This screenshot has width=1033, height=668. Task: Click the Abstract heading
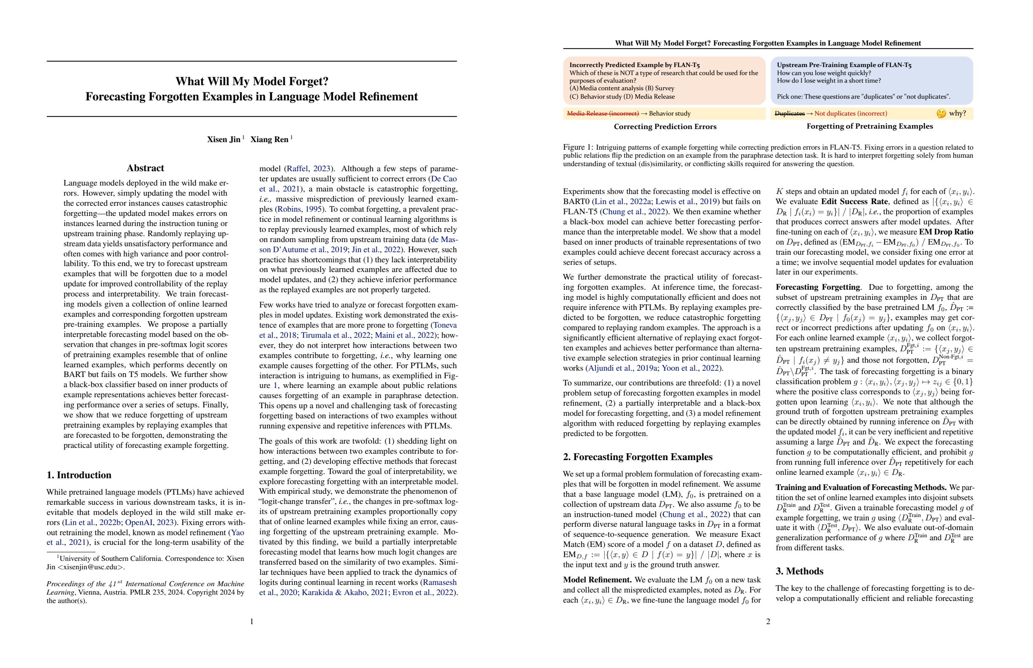tap(145, 168)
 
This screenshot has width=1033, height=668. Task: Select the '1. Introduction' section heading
tap(79, 475)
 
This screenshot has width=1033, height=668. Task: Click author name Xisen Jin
tap(224, 139)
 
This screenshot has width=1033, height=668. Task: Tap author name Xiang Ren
tap(270, 139)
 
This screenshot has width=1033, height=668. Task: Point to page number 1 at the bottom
tap(252, 622)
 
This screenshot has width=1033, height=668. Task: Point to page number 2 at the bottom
tap(768, 622)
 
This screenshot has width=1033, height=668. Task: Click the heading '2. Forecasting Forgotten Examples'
tap(638, 457)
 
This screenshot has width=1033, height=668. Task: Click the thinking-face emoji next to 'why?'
tap(941, 113)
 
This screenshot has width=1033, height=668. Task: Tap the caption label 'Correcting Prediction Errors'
tap(665, 127)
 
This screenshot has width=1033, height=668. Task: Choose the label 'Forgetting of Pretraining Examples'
tap(869, 126)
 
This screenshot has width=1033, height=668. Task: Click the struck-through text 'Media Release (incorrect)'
tap(603, 113)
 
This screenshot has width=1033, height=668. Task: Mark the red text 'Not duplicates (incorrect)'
tap(850, 113)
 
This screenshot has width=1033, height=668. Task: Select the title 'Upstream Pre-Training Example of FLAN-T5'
tap(844, 65)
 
